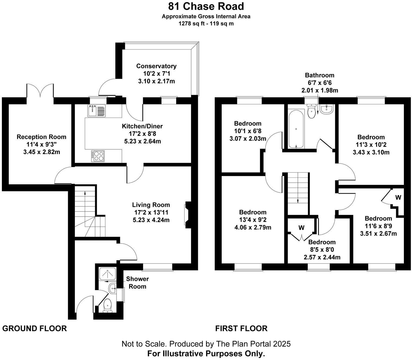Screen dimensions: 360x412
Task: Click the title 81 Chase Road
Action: pos(206,6)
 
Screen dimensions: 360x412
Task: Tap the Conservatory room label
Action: pos(156,66)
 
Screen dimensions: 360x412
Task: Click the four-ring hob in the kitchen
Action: pos(98,156)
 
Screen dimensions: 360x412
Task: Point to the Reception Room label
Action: pos(41,137)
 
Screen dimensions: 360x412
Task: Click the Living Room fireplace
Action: pos(187,215)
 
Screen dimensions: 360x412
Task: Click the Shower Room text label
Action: pos(137,282)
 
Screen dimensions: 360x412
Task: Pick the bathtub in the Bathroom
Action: pos(296,128)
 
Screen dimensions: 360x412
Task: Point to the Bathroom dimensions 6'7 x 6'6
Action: pos(320,83)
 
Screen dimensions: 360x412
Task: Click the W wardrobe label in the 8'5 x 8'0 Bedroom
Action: pos(301,228)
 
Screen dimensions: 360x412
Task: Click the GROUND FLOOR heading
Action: pos(34,329)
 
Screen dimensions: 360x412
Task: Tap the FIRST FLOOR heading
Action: pos(241,329)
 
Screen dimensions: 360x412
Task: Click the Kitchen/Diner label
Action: pos(142,126)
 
